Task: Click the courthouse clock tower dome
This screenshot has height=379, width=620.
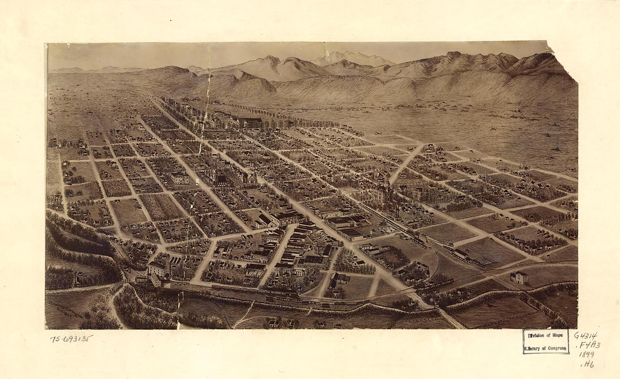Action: tap(387, 183)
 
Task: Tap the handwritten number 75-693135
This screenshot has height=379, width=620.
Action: tap(71, 339)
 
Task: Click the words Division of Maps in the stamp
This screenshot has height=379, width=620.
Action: tap(545, 335)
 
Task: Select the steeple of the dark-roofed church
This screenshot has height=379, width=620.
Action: tap(215, 170)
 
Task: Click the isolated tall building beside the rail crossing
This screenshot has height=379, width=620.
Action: tap(519, 277)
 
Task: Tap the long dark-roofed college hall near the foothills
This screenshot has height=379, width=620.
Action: tap(250, 122)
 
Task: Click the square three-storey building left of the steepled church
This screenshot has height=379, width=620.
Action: tap(180, 178)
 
